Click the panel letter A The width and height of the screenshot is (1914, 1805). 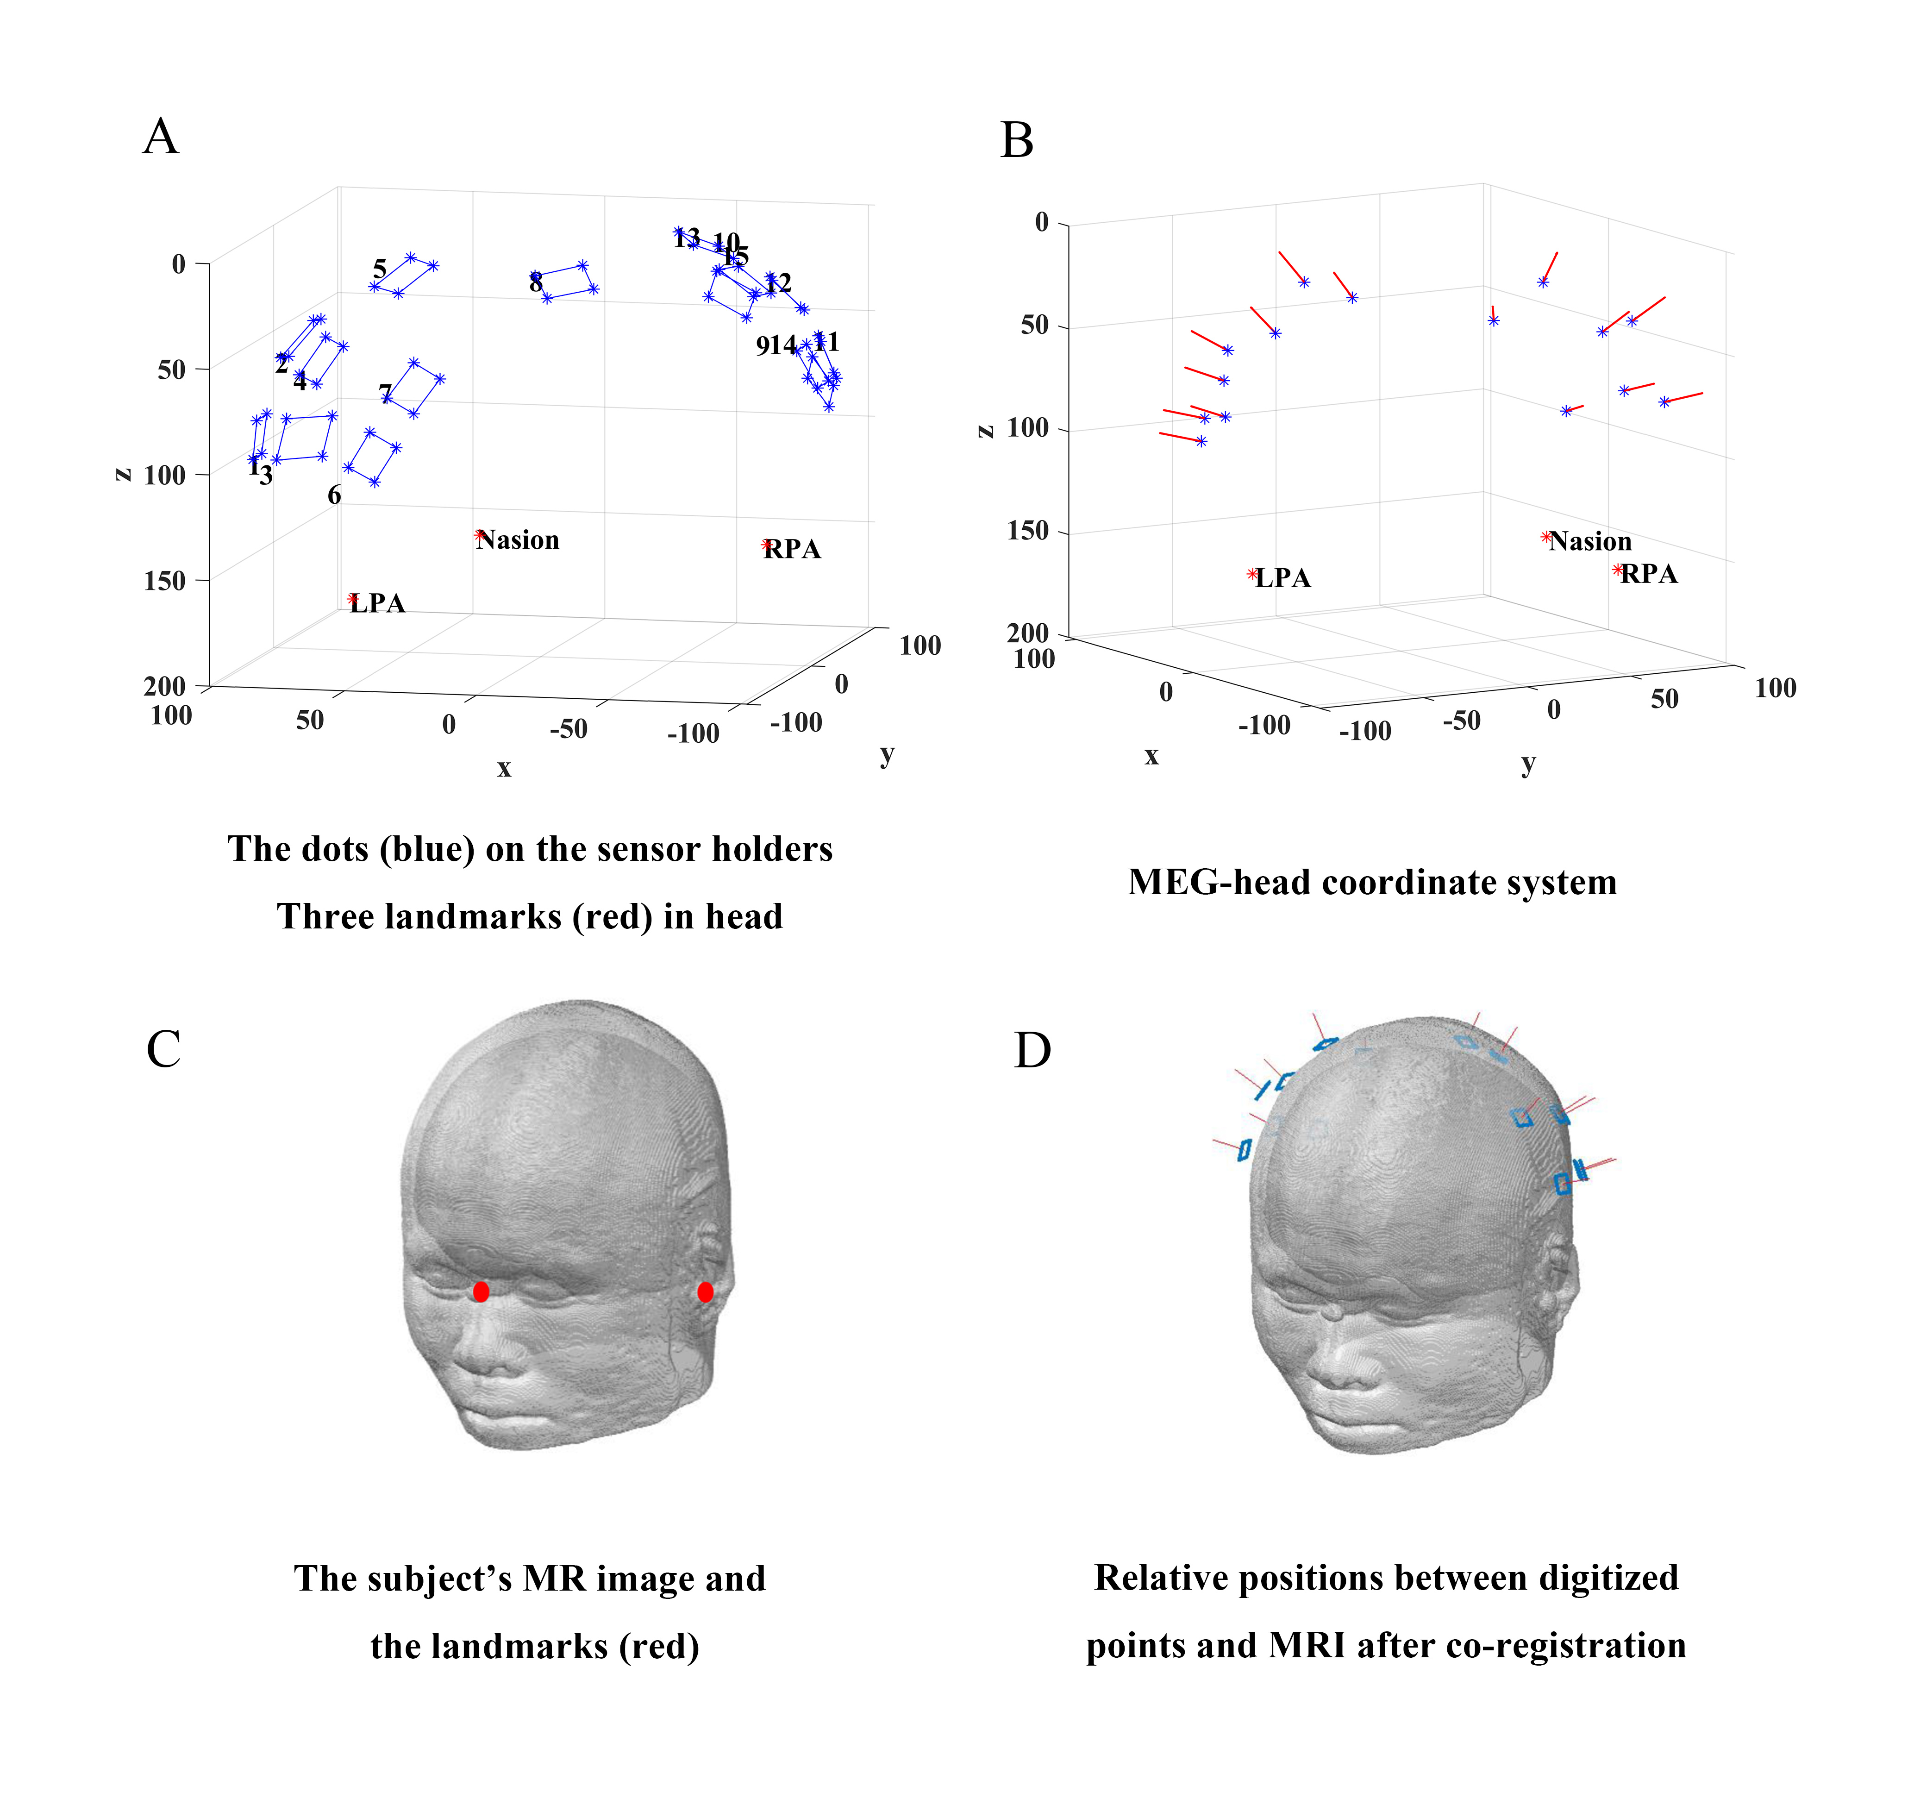[161, 137]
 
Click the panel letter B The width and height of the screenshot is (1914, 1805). [1017, 141]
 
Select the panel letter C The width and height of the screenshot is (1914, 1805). [164, 1049]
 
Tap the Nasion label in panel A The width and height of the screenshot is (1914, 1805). [518, 540]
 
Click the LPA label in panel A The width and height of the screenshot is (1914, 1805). [377, 603]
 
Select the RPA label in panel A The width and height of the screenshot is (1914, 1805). [792, 550]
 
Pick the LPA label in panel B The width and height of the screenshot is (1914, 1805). [1282, 578]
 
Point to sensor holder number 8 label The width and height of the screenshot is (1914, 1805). [535, 282]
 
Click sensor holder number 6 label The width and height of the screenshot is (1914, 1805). [334, 495]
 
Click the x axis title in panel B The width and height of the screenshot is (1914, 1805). [1151, 756]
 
